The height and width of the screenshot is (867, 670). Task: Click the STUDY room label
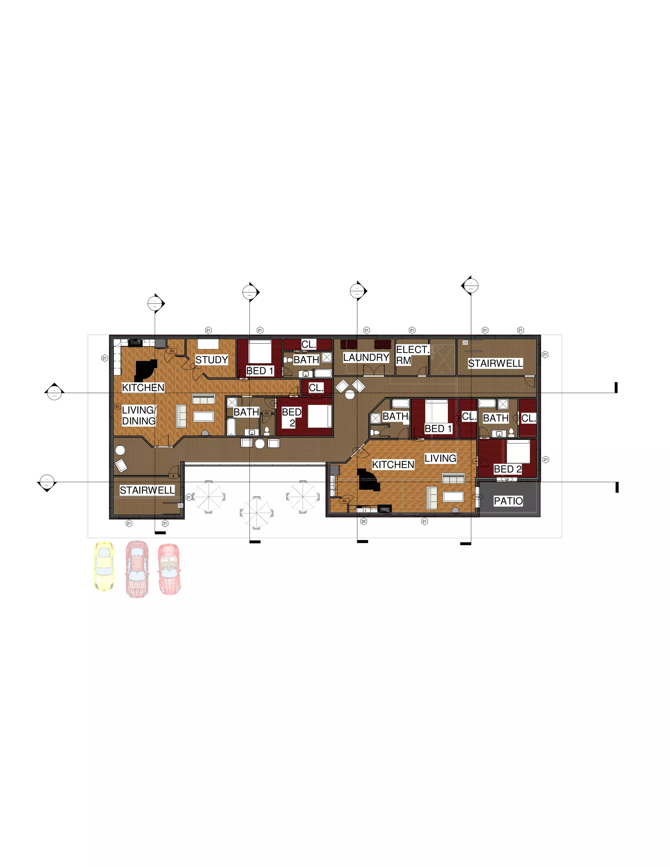pos(212,360)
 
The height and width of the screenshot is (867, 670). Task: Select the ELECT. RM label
pos(412,355)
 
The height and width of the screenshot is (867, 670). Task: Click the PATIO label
pos(508,501)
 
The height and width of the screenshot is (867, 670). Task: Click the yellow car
pos(104,566)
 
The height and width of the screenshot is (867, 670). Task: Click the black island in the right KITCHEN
pos(368,480)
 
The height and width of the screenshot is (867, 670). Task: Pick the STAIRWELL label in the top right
pos(495,363)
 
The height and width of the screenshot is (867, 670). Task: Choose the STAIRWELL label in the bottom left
pos(147,490)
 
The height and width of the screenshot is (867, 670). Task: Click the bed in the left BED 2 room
pos(320,416)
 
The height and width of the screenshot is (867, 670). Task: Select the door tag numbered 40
pos(344,501)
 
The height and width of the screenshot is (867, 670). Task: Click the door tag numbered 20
pos(171,351)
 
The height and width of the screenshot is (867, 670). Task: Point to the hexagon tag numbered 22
pos(363,521)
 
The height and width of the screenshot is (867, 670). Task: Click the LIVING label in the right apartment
pos(440,458)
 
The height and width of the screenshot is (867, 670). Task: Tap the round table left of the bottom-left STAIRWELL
pos(120,450)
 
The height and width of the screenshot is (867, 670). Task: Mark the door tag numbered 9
pos(173,476)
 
